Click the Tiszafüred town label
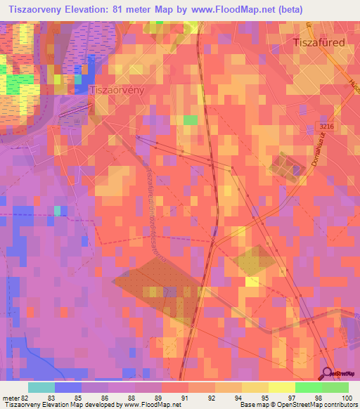(318, 43)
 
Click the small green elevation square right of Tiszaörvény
(190, 120)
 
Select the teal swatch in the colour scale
(41, 387)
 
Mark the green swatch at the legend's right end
(335, 387)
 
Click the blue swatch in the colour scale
(68, 387)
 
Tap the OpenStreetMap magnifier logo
(328, 375)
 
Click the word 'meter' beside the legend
(10, 398)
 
